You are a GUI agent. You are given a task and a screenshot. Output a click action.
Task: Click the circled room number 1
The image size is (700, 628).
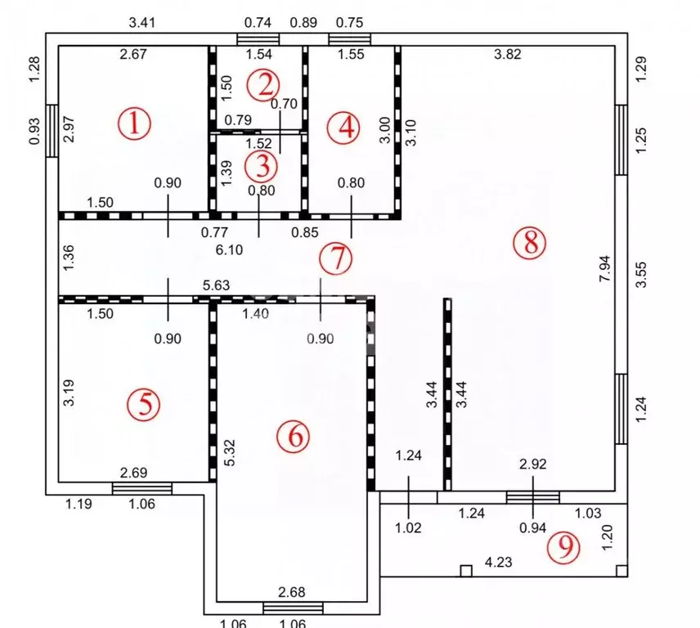pyautogui.click(x=134, y=124)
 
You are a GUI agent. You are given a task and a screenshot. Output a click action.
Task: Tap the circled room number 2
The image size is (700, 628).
pyautogui.click(x=265, y=83)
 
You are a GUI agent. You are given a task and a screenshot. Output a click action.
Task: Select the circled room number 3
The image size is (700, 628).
pyautogui.click(x=262, y=166)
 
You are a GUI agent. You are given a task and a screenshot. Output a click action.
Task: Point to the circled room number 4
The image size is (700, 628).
pyautogui.click(x=343, y=127)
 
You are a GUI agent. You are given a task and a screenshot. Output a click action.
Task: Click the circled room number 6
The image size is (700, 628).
pyautogui.click(x=293, y=436)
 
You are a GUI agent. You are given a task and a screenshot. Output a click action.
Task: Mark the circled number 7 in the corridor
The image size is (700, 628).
pyautogui.click(x=334, y=258)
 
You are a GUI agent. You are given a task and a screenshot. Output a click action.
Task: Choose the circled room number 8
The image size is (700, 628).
pyautogui.click(x=529, y=242)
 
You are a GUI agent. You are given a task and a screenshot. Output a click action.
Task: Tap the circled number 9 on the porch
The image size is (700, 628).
pyautogui.click(x=563, y=548)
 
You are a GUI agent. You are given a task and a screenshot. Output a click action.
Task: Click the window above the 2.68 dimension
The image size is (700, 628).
pyautogui.click(x=293, y=607)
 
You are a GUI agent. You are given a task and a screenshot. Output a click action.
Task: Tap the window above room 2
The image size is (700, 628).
pyautogui.click(x=258, y=38)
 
